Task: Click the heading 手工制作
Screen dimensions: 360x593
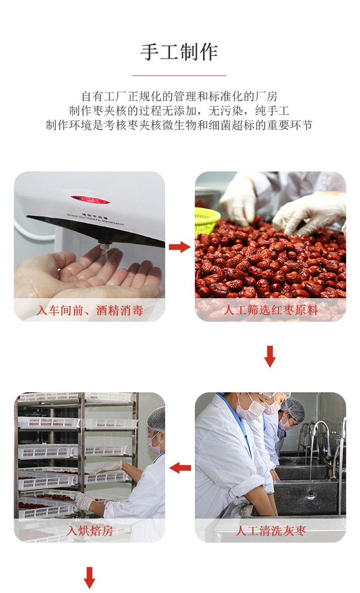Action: tap(179, 52)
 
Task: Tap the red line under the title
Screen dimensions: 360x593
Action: tap(179, 75)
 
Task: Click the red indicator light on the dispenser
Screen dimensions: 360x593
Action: tap(90, 200)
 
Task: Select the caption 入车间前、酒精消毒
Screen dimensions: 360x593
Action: tap(89, 310)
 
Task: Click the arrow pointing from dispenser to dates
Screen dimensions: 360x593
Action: tap(180, 247)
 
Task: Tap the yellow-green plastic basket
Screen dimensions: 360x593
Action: tap(207, 220)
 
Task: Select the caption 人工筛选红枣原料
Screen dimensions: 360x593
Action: tap(270, 310)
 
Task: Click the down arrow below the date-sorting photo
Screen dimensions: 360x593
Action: tap(270, 356)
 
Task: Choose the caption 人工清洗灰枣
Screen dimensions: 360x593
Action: tap(270, 531)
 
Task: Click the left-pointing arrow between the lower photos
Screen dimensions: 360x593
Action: tap(180, 468)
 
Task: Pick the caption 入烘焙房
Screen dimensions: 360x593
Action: tap(89, 531)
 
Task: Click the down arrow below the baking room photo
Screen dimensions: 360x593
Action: tap(89, 578)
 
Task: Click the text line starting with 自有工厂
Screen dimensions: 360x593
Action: tap(179, 96)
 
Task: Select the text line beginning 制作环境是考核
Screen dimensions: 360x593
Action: tap(179, 125)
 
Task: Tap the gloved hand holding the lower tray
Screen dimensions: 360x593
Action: tap(84, 500)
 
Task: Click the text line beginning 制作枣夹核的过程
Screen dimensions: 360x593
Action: tap(179, 111)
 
